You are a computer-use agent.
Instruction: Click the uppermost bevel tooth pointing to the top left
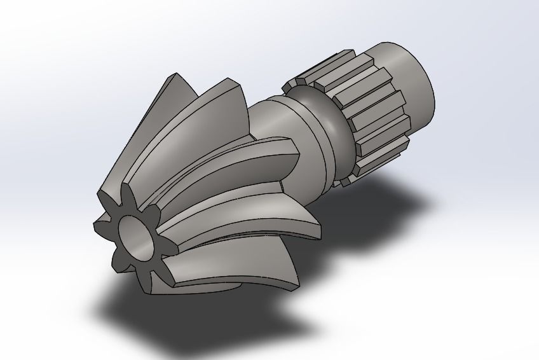click(x=170, y=86)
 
